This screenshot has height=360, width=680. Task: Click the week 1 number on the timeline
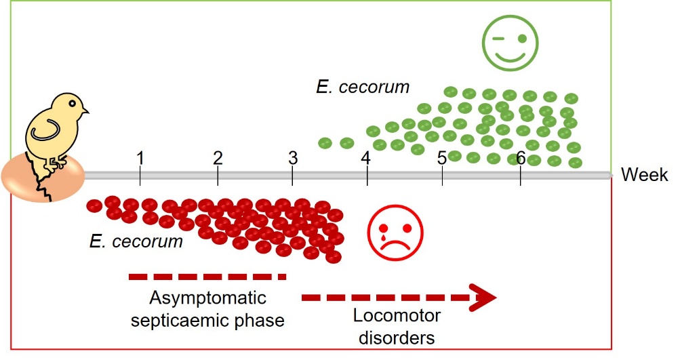(140, 158)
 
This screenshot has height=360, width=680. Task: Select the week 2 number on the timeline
(218, 158)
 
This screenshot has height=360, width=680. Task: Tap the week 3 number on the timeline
(293, 158)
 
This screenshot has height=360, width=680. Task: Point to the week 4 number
(366, 159)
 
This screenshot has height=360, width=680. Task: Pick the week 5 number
(441, 159)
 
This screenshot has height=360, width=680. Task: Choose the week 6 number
(520, 158)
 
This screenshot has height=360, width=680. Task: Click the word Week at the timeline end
(645, 175)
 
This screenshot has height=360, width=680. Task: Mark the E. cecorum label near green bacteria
(363, 87)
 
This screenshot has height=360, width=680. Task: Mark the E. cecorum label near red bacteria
(136, 241)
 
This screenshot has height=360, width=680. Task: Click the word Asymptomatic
(207, 298)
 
